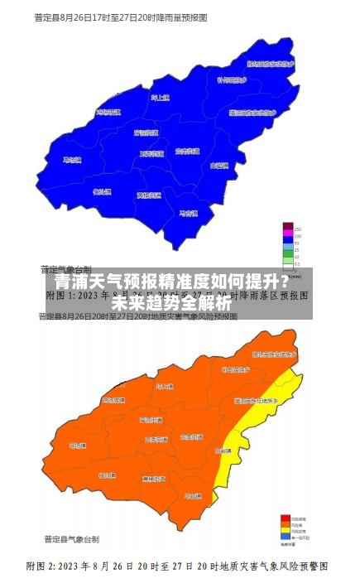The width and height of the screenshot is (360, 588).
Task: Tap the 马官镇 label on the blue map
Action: coord(190,213)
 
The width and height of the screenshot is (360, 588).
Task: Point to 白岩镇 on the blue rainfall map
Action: coord(219,166)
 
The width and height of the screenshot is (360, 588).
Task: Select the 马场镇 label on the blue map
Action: coord(73,160)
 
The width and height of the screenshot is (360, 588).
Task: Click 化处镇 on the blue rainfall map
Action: coord(103,191)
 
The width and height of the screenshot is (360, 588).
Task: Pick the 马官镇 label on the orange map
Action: coord(193,495)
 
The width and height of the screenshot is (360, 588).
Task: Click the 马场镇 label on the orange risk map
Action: coord(77,446)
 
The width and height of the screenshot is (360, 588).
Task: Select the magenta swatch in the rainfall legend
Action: coord(288,237)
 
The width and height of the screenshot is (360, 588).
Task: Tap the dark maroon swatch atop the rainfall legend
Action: coord(288,227)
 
